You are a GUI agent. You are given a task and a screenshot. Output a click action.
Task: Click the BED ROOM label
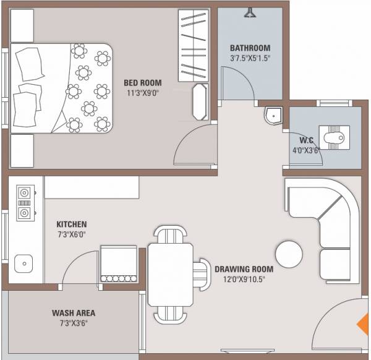143,83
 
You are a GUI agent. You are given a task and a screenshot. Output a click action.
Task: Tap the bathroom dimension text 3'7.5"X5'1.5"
250,59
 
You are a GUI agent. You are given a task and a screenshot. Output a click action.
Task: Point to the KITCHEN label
72,224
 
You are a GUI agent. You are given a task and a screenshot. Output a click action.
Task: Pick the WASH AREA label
73,313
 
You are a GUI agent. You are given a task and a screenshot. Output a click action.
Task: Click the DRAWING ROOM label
244,269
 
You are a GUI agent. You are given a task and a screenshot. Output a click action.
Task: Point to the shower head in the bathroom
250,12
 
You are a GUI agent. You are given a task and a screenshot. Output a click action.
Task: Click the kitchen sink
23,263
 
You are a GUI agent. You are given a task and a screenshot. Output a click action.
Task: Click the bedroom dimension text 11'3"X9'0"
143,93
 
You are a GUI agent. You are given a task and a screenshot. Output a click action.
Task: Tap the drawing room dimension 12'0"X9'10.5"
244,280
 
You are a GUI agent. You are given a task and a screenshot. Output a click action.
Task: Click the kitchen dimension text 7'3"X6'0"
72,235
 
